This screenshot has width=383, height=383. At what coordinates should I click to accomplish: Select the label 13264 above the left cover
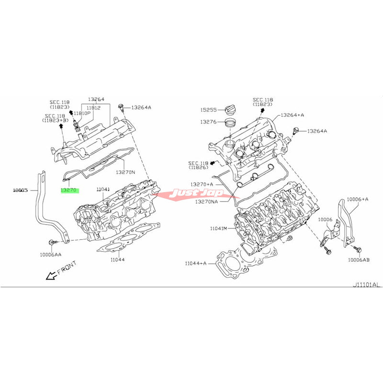pos(96,100)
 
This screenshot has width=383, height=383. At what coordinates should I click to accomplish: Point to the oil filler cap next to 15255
pos(231,110)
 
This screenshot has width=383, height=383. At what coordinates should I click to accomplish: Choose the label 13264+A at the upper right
pos(293,115)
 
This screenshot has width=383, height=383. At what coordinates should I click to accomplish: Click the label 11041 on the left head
pos(103,190)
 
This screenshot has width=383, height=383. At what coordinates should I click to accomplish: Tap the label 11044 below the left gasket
pos(117,260)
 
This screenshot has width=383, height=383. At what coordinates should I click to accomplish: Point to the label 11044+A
pos(195,263)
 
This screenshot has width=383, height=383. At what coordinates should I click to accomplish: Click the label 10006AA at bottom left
pos(50,255)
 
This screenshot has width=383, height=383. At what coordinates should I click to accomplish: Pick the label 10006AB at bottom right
pos(358,260)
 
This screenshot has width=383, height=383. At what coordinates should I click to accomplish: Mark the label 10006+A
pos(358,198)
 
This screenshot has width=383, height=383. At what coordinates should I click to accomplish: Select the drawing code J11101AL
pos(366,285)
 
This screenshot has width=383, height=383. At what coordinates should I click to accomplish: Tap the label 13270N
pos(125,171)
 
